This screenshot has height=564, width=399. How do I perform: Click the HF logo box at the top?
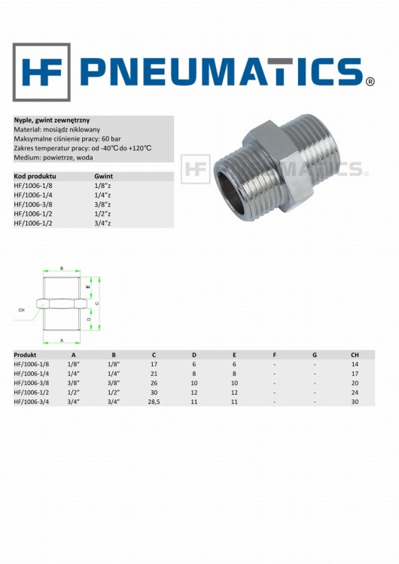tap(41, 72)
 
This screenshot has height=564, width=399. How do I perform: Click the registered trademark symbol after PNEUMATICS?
tap(370, 82)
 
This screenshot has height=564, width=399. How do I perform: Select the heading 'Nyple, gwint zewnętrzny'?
tap(52, 120)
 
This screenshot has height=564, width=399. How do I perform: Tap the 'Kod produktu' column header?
tap(35, 176)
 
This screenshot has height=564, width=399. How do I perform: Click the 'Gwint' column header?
tap(103, 176)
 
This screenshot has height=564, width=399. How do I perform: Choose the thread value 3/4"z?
tap(102, 223)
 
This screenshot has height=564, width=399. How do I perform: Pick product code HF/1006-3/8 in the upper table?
tap(33, 205)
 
